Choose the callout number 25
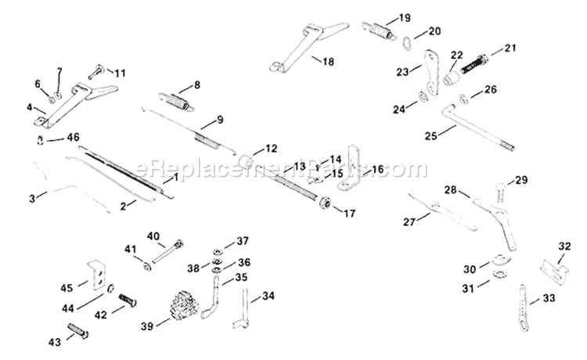click(430, 135)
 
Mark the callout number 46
click(73, 137)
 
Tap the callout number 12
click(270, 147)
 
